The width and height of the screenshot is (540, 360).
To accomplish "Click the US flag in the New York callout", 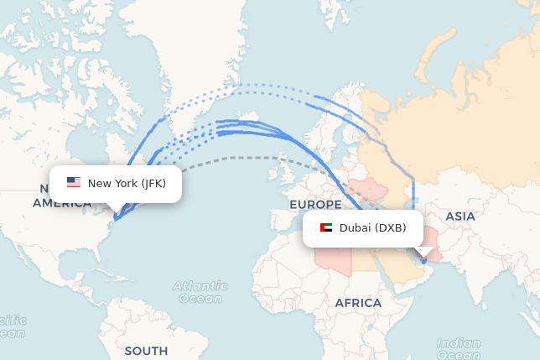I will click(74, 183).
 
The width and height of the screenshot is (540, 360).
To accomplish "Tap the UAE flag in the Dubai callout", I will click(326, 227).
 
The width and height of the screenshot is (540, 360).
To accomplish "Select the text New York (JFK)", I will click(127, 183).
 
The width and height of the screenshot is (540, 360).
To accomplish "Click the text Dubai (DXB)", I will click(374, 227).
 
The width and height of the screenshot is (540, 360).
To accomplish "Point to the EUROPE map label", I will click(315, 205).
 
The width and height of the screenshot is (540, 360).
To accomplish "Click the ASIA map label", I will click(460, 217).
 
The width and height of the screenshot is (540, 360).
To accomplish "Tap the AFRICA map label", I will click(358, 303).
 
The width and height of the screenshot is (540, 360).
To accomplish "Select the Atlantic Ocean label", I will click(200, 292).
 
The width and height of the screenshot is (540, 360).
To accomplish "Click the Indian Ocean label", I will click(459, 349).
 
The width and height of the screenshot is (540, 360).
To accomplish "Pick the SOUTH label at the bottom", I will click(146, 350).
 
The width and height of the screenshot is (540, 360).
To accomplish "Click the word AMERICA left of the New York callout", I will click(62, 203).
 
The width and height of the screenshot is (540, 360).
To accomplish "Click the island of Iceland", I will click(249, 117).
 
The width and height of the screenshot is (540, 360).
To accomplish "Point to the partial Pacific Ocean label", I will click(12, 326).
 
